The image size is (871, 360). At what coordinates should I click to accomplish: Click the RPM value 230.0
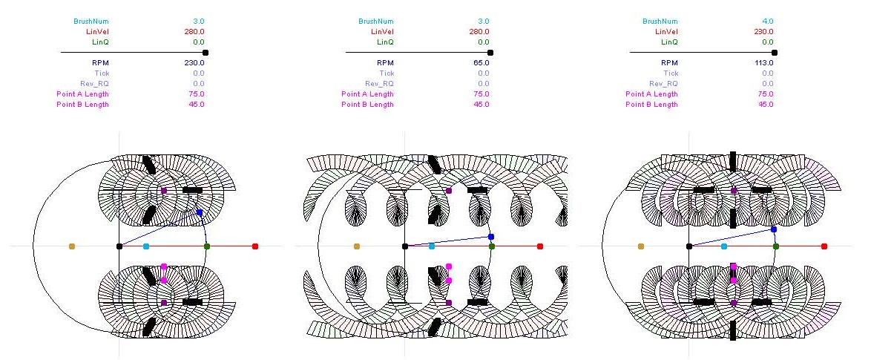point(194,63)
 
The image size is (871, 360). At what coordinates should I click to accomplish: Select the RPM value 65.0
point(481,63)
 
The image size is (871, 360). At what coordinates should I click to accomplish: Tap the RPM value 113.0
point(763,63)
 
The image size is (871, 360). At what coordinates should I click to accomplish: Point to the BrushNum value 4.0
point(768,21)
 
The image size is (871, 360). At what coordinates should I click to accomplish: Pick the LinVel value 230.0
point(763,32)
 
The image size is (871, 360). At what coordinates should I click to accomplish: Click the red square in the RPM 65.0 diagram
point(540,246)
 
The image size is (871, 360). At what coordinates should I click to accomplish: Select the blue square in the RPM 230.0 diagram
point(200,212)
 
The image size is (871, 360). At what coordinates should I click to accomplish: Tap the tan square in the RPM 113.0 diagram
point(641,246)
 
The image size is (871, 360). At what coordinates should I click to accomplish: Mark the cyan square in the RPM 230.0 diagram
point(146,246)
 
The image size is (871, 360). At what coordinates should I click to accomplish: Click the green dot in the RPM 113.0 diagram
point(776,246)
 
